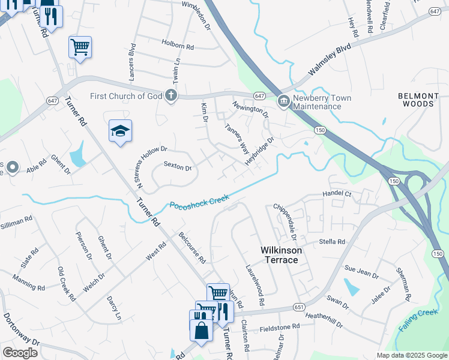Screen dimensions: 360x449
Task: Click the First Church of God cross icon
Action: coord(171,95)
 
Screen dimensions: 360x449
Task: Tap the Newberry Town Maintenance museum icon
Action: coord(283,102)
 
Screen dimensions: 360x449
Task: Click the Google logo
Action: coord(20,353)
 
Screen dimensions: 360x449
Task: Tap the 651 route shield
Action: coord(298,307)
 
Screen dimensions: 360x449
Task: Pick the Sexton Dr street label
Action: coord(177,168)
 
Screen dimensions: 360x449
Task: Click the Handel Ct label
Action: coord(336,194)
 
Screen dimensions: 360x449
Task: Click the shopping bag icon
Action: coord(200,329)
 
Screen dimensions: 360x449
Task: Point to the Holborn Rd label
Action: coord(178,44)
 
